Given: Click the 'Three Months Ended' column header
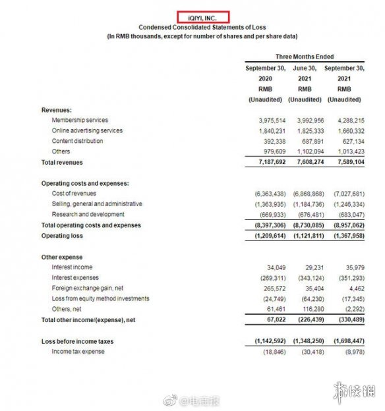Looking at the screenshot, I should coord(305,57).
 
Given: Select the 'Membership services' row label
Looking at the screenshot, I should coord(79,121).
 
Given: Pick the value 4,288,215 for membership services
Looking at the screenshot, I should coord(346,121).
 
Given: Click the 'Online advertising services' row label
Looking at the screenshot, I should coord(87,130).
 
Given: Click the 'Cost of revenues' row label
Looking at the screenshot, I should coord(74,194).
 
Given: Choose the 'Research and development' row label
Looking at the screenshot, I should coord(88,215).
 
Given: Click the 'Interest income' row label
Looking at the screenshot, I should coord(71,267).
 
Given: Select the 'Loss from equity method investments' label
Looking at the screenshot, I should coord(100,299).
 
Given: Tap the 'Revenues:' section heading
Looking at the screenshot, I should coord(57,110).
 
